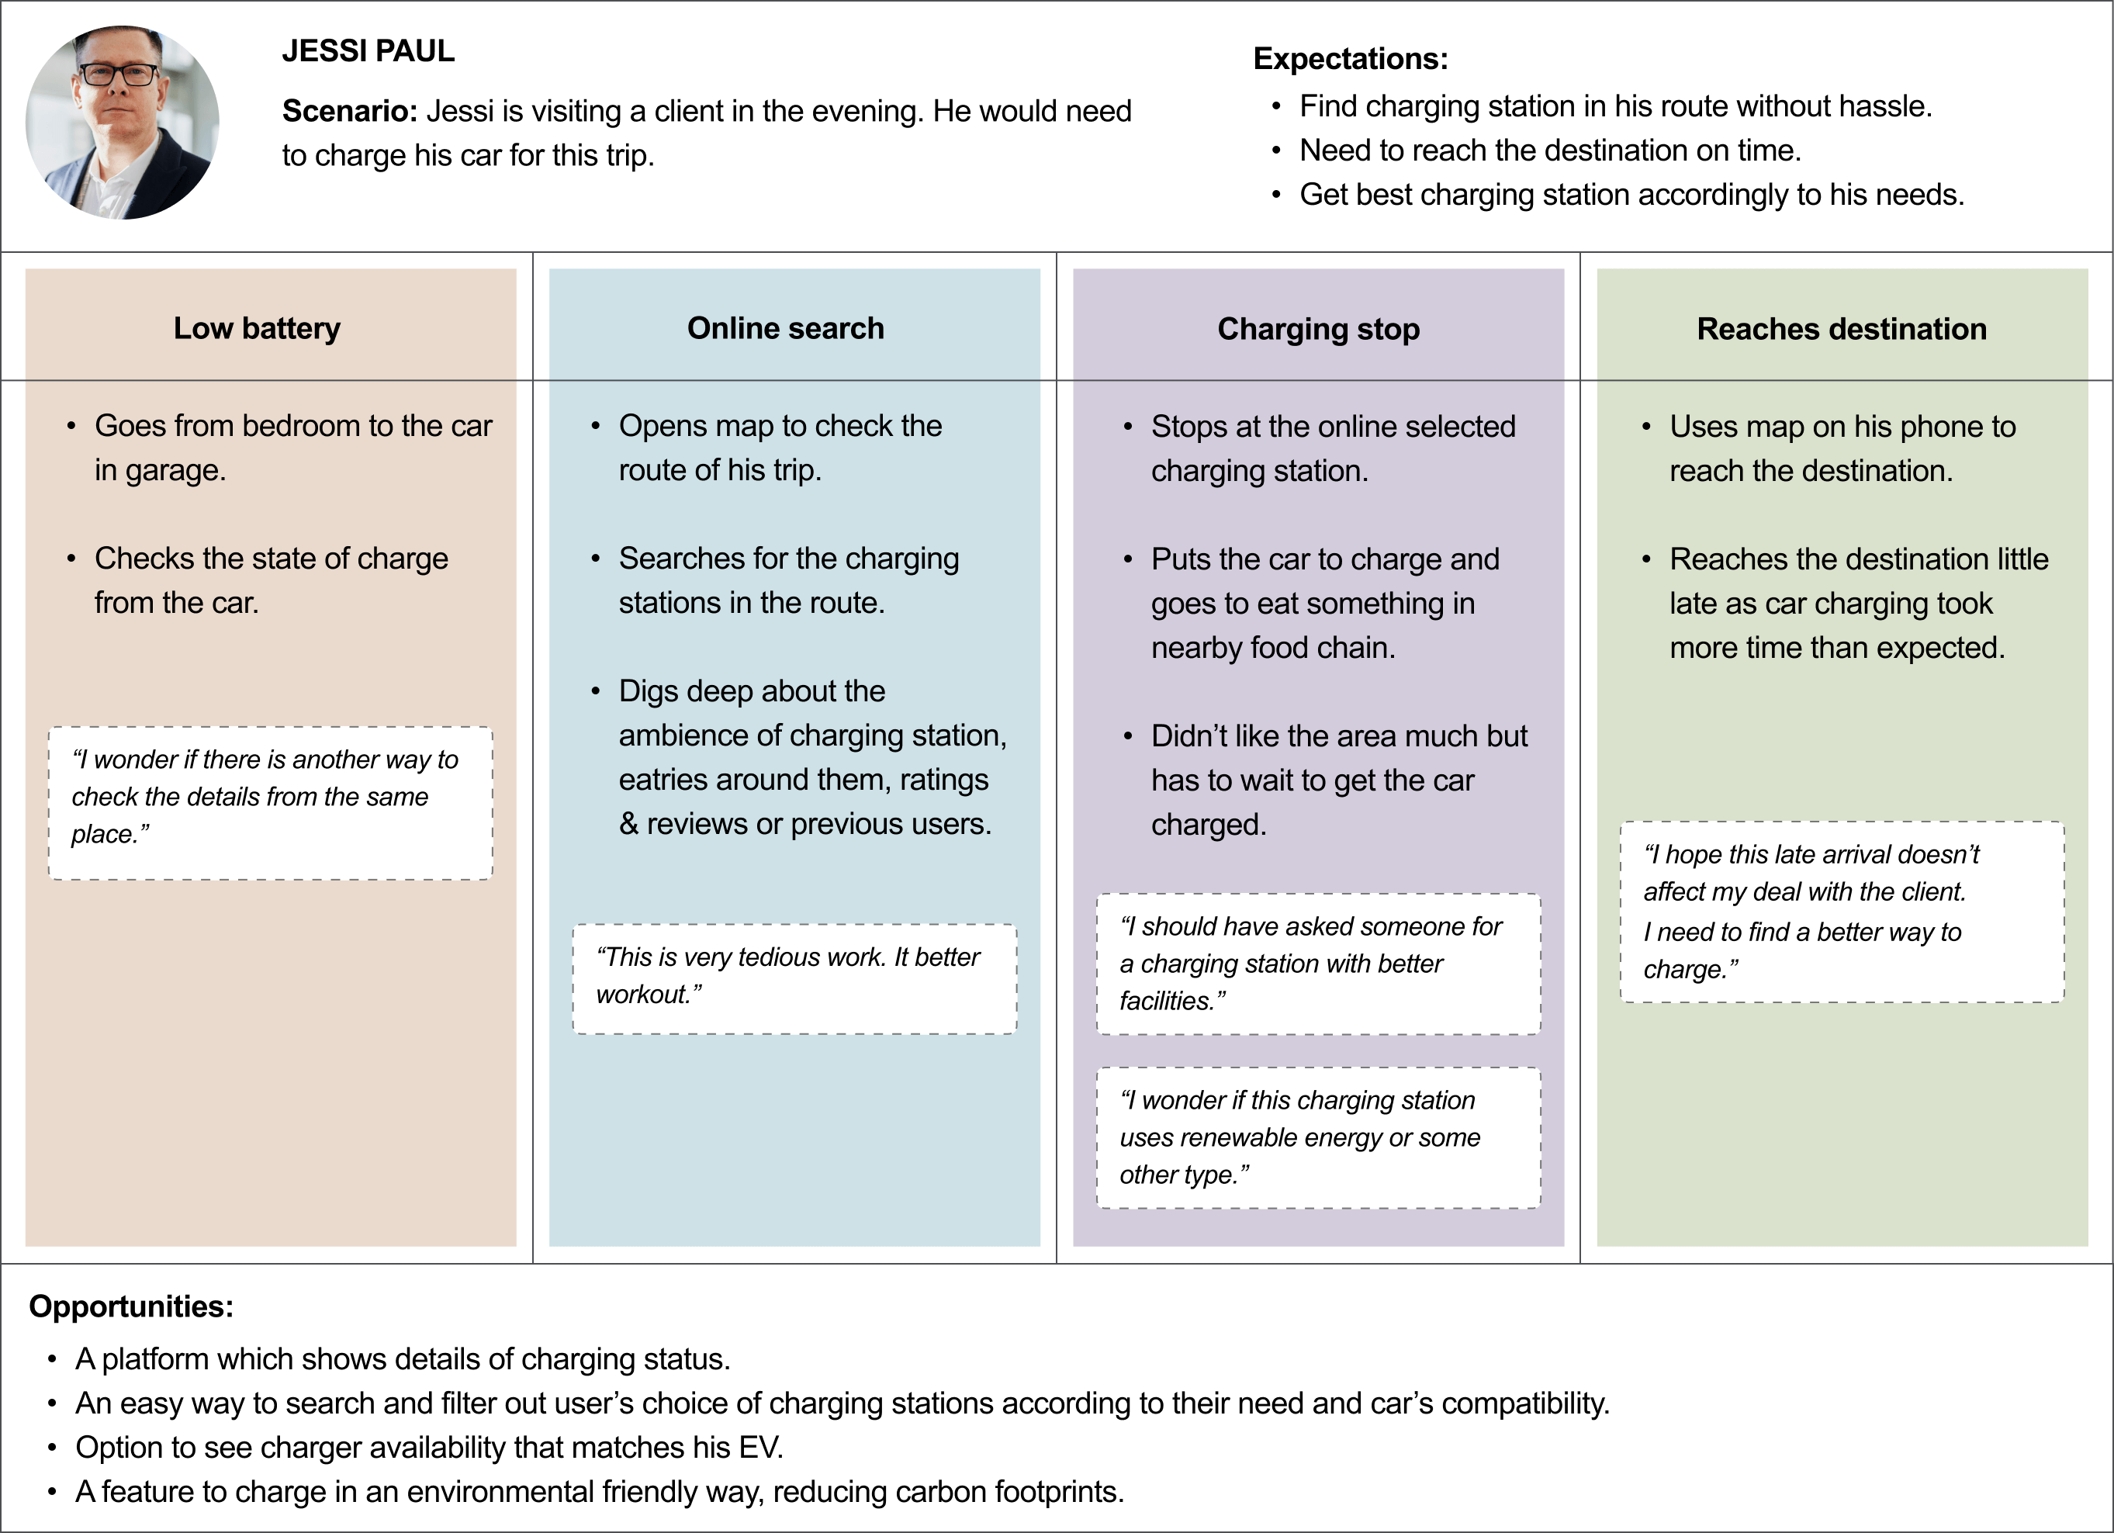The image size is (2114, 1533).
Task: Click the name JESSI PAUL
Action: [368, 51]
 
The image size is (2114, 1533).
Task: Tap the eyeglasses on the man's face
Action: [119, 74]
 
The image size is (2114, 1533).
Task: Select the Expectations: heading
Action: [1351, 59]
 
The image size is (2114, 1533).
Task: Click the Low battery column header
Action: [258, 328]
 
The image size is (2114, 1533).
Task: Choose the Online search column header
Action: [786, 328]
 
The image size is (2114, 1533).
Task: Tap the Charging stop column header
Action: [1319, 329]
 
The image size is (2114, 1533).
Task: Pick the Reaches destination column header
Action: [1842, 329]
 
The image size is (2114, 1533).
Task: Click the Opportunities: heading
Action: [131, 1306]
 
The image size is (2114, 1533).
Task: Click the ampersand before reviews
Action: [629, 824]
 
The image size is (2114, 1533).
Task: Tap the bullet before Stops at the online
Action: [1128, 427]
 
